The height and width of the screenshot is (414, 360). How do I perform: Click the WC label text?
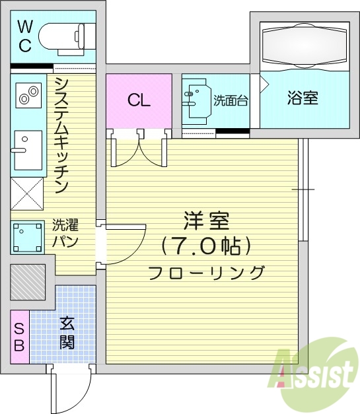coord(24,36)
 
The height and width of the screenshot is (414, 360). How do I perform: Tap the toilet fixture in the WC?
coord(63,36)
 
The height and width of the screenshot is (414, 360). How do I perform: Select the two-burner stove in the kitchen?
coord(27,96)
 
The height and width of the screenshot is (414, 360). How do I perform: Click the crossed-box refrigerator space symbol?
coord(26,193)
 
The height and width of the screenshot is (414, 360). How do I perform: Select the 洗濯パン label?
coord(65,233)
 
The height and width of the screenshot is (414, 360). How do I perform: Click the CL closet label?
coord(139,100)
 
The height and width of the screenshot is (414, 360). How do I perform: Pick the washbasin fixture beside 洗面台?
coord(198,101)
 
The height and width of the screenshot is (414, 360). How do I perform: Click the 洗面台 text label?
coord(231,101)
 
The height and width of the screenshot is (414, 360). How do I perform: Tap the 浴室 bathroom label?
coord(303,98)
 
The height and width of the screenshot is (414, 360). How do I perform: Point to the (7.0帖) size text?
coord(206,246)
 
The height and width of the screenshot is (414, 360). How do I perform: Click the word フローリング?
coord(206,272)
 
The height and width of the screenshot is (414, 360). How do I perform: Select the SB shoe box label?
coord(19,336)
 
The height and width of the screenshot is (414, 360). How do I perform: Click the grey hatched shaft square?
coord(28,282)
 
